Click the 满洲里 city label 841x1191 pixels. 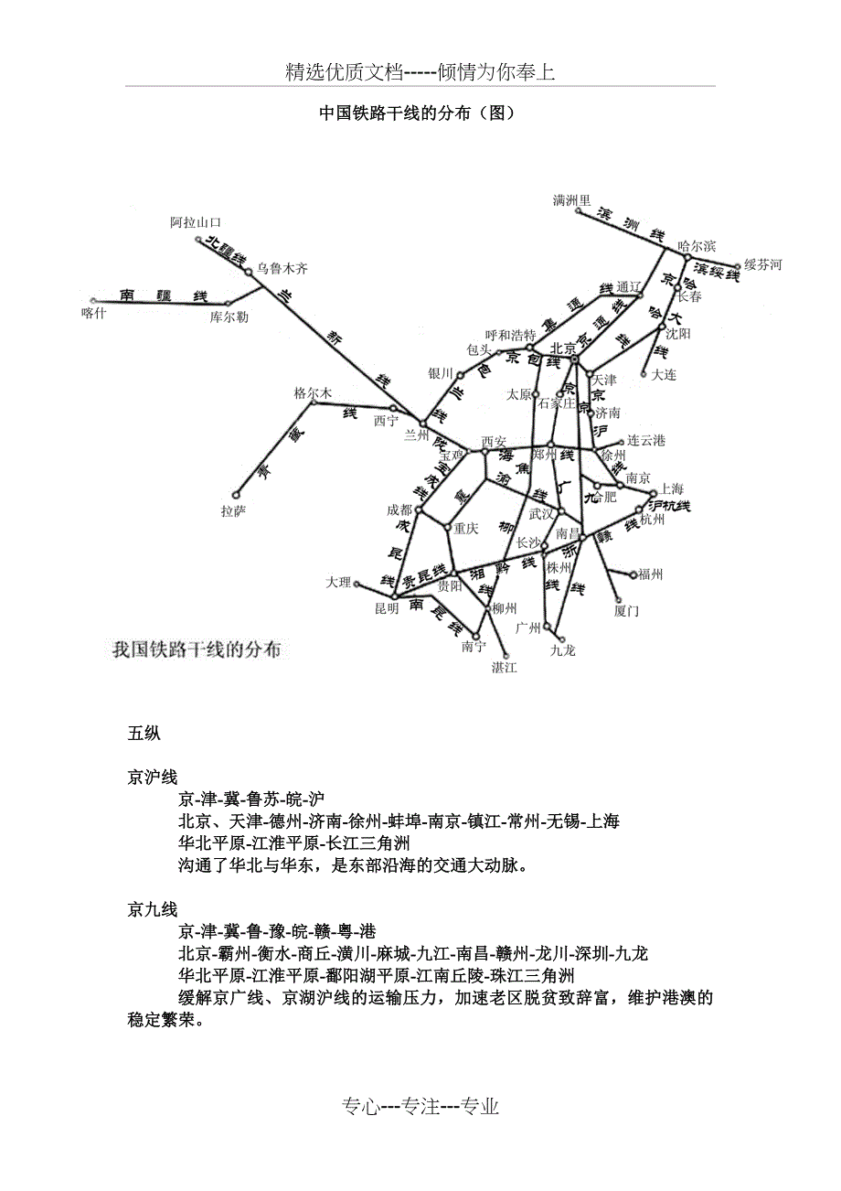572,199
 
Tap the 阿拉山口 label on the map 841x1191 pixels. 196,222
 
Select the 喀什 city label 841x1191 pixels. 94,313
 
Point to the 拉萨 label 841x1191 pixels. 233,510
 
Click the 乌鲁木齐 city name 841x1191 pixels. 282,268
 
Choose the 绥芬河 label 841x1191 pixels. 762,265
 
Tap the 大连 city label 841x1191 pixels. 664,374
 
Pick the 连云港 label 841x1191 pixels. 646,441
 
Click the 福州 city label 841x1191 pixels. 650,574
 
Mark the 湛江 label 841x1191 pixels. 504,667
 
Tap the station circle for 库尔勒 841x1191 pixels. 229,302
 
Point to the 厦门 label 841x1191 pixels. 626,610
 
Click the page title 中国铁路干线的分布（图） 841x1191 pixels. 420,113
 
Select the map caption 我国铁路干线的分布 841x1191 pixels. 197,650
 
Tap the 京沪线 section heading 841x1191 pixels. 153,778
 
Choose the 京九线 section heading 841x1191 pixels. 153,909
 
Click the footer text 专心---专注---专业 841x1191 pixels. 420,1107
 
